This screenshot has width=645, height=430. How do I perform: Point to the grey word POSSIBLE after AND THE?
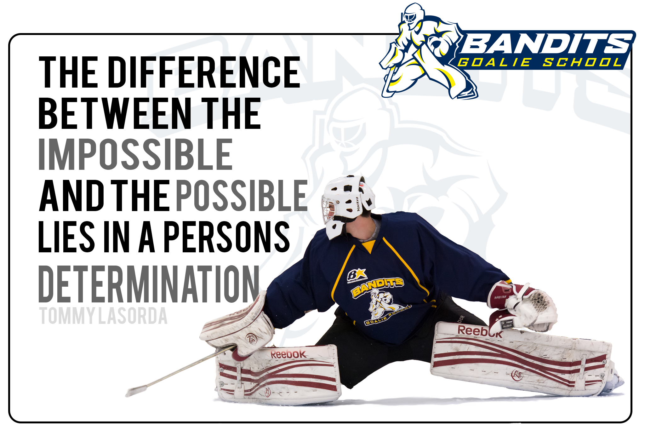pyautogui.click(x=242, y=196)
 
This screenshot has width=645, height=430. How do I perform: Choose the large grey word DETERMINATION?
pyautogui.click(x=149, y=284)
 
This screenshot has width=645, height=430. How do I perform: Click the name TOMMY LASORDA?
pyautogui.click(x=103, y=316)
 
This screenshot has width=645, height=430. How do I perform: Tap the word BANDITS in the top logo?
pyautogui.click(x=545, y=44)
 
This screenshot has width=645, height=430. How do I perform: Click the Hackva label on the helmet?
pyautogui.click(x=358, y=204)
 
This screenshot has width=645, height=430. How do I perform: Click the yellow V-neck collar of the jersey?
pyautogui.click(x=369, y=246)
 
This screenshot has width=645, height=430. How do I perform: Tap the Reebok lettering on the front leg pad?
pyautogui.click(x=288, y=354)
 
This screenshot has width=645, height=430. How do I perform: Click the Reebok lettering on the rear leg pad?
pyautogui.click(x=480, y=331)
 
